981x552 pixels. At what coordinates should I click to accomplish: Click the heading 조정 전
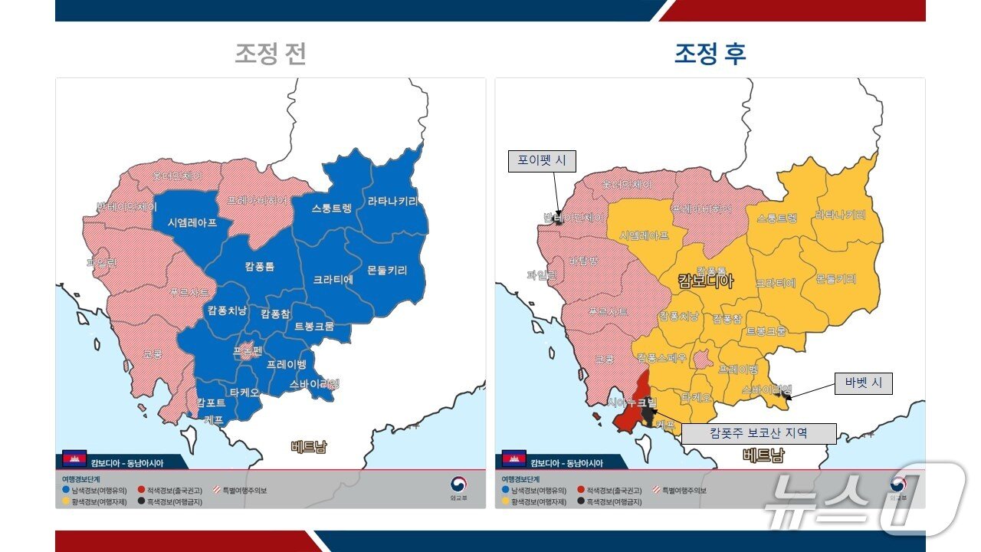point(271,54)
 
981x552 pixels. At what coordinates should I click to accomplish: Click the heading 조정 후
point(710,54)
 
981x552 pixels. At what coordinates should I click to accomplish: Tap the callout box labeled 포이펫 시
point(541,161)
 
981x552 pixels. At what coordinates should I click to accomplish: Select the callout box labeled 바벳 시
point(863,383)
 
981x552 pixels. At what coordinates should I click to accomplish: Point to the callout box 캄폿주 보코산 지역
point(758,433)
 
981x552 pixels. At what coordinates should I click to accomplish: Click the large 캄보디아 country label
point(706,281)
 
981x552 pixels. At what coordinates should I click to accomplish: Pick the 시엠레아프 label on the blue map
point(192,222)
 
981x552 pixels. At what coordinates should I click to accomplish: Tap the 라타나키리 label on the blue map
point(393,202)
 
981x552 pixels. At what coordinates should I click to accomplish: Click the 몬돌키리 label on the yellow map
point(835,278)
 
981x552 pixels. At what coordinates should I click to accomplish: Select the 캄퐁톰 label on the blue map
point(260,266)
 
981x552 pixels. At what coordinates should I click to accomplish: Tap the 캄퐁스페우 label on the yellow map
point(660,358)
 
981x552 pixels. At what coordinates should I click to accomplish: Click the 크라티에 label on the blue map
point(333,280)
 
